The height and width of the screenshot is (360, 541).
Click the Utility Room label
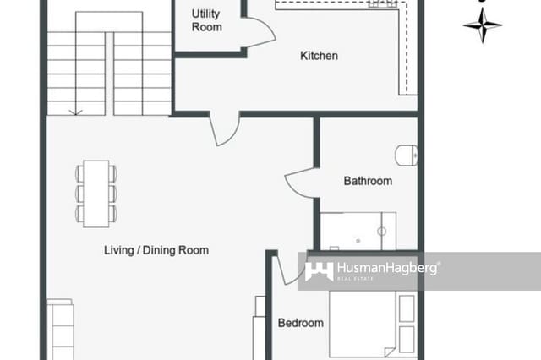point(206,20)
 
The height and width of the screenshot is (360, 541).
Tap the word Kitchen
point(320,56)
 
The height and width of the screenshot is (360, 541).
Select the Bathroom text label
point(368,181)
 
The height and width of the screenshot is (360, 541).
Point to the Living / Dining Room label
point(156,250)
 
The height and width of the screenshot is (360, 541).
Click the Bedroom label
point(301,323)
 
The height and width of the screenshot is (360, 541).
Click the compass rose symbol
point(482,25)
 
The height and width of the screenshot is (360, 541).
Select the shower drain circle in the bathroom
point(381,231)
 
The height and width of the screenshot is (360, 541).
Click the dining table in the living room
point(96,193)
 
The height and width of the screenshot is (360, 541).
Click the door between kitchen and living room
point(224,129)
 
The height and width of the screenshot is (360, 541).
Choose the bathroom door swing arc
point(300,184)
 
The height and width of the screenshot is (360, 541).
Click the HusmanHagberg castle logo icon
point(319,270)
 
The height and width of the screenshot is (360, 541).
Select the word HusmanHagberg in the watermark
point(387,269)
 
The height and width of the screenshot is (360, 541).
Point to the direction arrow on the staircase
point(76,109)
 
